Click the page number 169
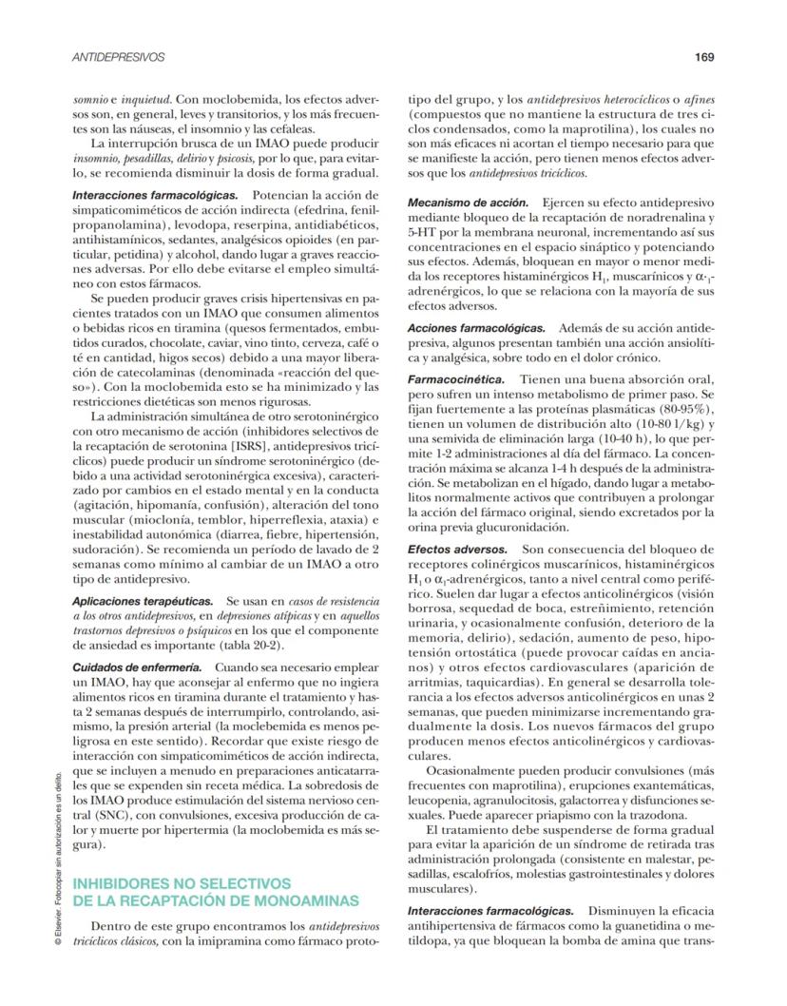703,57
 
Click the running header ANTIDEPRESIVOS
119,57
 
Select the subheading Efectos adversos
456,550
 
